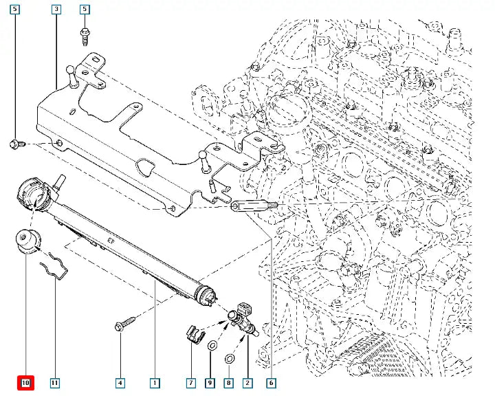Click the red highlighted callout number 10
click(x=25, y=382)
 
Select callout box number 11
click(x=55, y=382)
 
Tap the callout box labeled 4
click(x=120, y=382)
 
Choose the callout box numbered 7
click(x=191, y=382)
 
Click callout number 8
click(x=229, y=382)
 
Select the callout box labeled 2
click(x=247, y=382)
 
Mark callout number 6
click(x=271, y=382)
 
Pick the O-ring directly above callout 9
click(x=212, y=344)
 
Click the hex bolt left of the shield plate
click(x=17, y=144)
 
